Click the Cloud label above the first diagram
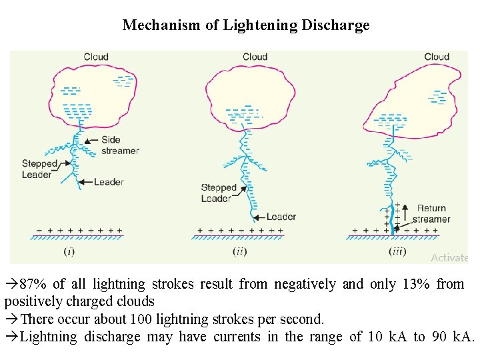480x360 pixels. click(96, 57)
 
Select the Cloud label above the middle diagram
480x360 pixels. click(255, 57)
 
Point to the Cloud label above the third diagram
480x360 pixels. click(437, 57)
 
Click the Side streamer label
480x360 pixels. click(120, 145)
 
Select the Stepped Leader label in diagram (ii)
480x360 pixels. click(219, 193)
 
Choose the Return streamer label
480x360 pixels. click(431, 214)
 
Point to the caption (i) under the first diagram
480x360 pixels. click(69, 251)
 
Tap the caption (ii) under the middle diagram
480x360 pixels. click(240, 251)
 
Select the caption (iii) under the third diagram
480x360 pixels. click(397, 251)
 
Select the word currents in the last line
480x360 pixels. click(237, 337)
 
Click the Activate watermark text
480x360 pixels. click(449, 258)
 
